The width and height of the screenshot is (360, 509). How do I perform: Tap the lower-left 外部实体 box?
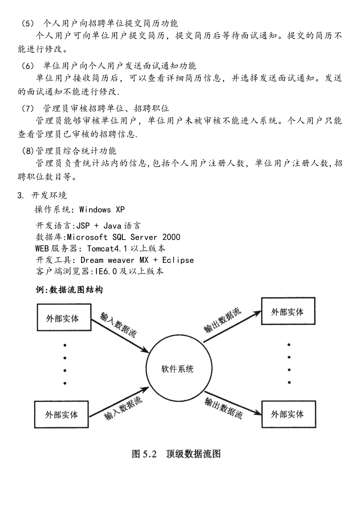(61, 414)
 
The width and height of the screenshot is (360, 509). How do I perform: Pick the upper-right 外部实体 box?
(288, 311)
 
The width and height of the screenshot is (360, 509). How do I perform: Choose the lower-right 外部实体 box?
(288, 414)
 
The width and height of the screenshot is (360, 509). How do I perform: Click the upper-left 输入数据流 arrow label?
(119, 324)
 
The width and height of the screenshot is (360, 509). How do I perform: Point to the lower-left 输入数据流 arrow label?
(124, 409)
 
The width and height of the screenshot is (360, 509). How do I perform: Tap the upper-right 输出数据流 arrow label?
(222, 321)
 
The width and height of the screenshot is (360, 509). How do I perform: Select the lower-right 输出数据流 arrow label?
(224, 408)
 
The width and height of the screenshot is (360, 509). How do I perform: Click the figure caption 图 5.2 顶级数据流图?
(176, 454)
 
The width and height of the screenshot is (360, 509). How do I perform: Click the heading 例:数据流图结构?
(69, 290)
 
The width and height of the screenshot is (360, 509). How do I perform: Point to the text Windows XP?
(102, 209)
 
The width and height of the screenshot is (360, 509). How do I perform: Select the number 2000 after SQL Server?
(171, 237)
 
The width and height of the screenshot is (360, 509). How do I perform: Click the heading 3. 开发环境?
(42, 195)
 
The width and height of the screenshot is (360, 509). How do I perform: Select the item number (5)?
(28, 23)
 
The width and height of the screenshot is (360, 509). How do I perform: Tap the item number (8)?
(28, 151)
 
